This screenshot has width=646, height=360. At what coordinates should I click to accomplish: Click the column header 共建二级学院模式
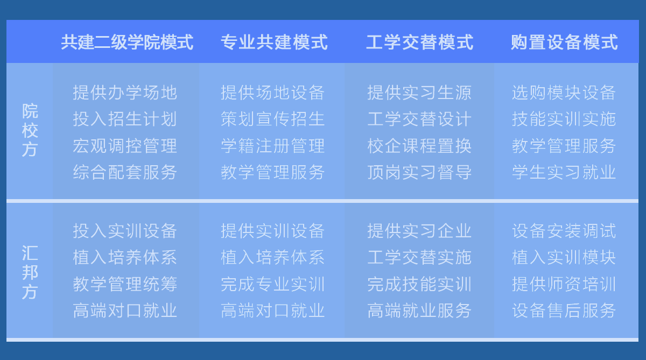pos(127,42)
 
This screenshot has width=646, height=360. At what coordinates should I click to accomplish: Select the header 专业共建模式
pos(274,42)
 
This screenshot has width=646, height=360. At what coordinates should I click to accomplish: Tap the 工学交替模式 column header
pos(419,42)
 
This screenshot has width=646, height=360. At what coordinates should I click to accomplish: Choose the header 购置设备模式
pos(564,42)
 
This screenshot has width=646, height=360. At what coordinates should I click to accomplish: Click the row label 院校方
pos(30,130)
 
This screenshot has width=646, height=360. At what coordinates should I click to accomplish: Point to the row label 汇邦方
pos(30,272)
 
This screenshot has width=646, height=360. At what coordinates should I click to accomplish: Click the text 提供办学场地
pos(125,93)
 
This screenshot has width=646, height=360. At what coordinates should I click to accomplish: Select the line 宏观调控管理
pos(125,145)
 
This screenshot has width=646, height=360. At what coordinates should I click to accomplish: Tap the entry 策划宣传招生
pos(273,119)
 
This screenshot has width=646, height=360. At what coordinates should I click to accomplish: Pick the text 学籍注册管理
pos(273,145)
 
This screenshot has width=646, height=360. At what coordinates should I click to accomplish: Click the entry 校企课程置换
pos(419,145)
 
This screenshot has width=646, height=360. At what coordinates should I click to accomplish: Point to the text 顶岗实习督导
pos(419,172)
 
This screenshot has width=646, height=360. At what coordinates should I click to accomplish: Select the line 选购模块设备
pos(564,93)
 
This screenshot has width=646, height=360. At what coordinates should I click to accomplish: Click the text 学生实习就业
pos(564,172)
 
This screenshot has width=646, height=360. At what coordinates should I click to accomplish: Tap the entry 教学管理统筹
pos(125,284)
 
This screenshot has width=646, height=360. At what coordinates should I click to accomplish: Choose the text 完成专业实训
pos(273,284)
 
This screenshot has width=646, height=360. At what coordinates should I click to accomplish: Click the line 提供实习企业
pos(419,231)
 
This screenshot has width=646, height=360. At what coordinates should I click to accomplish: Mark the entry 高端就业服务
pos(419,310)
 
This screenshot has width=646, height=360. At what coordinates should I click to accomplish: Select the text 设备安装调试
pos(564,231)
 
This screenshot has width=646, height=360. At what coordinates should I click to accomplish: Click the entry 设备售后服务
pos(564,310)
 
